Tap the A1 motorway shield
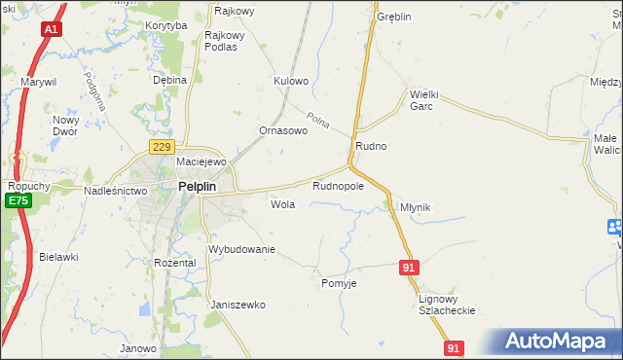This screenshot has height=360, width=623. (x=51, y=30)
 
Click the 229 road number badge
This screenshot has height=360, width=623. (x=162, y=146)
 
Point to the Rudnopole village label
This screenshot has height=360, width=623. (x=338, y=185)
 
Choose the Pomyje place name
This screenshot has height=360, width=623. (x=340, y=283)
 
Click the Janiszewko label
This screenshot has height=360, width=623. (x=238, y=305)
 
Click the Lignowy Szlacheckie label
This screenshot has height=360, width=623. (x=446, y=305)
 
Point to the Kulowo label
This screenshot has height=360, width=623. (x=291, y=81)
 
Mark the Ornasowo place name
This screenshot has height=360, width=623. (x=282, y=130)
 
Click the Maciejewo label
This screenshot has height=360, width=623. (x=201, y=162)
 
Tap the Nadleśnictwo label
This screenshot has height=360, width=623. (x=115, y=191)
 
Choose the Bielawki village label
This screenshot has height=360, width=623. (x=58, y=257)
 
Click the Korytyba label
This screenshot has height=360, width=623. (x=165, y=26)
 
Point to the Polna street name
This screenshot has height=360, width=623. (x=318, y=121)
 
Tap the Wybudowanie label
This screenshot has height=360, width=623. (x=242, y=249)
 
